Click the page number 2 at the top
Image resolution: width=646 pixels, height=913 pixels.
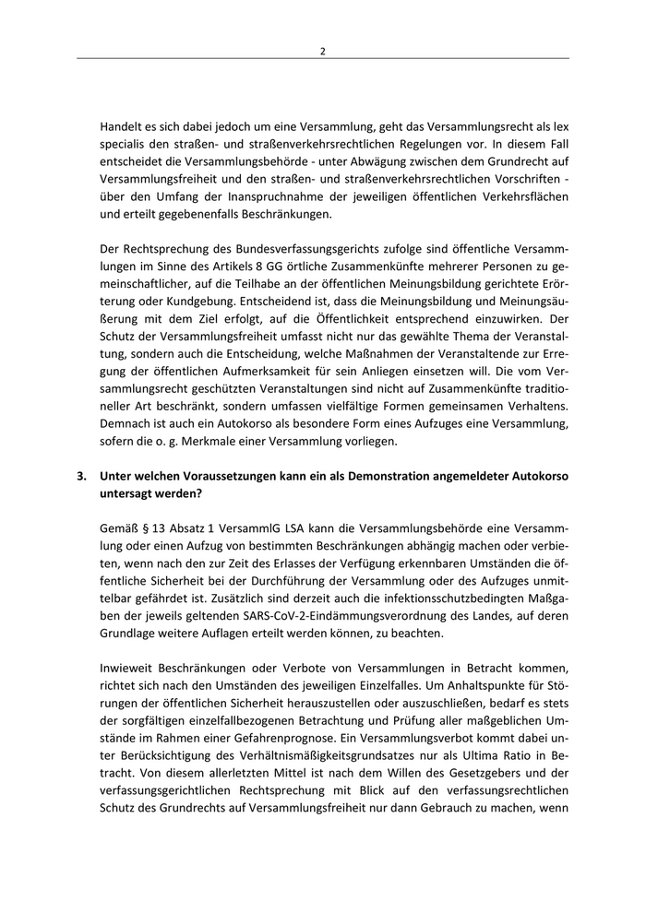coord(322,51)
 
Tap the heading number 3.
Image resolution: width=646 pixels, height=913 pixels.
coord(82,477)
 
